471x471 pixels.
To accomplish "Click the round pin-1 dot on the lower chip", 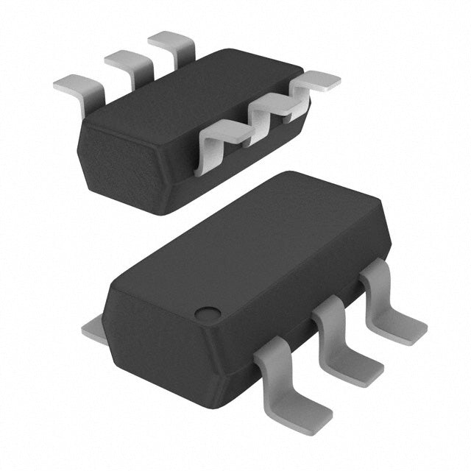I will click(x=208, y=313).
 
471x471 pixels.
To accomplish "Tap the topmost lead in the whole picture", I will click(x=172, y=44).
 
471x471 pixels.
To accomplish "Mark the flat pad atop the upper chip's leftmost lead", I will click(x=72, y=84).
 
